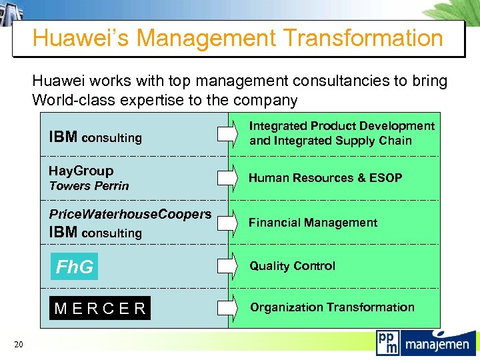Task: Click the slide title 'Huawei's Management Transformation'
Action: coord(237,38)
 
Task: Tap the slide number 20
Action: coord(19,344)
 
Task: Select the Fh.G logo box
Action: coord(74,267)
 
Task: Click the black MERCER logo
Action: coord(100,308)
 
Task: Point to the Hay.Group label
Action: coord(81,171)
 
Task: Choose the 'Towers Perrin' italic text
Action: coord(89,186)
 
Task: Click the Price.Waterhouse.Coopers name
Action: coord(130,214)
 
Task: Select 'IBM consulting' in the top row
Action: coord(95,137)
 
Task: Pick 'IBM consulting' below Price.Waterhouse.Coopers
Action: coord(95,233)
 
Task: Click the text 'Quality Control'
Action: coord(292,266)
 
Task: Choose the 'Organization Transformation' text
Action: coord(332,307)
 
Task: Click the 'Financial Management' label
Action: coord(313,223)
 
